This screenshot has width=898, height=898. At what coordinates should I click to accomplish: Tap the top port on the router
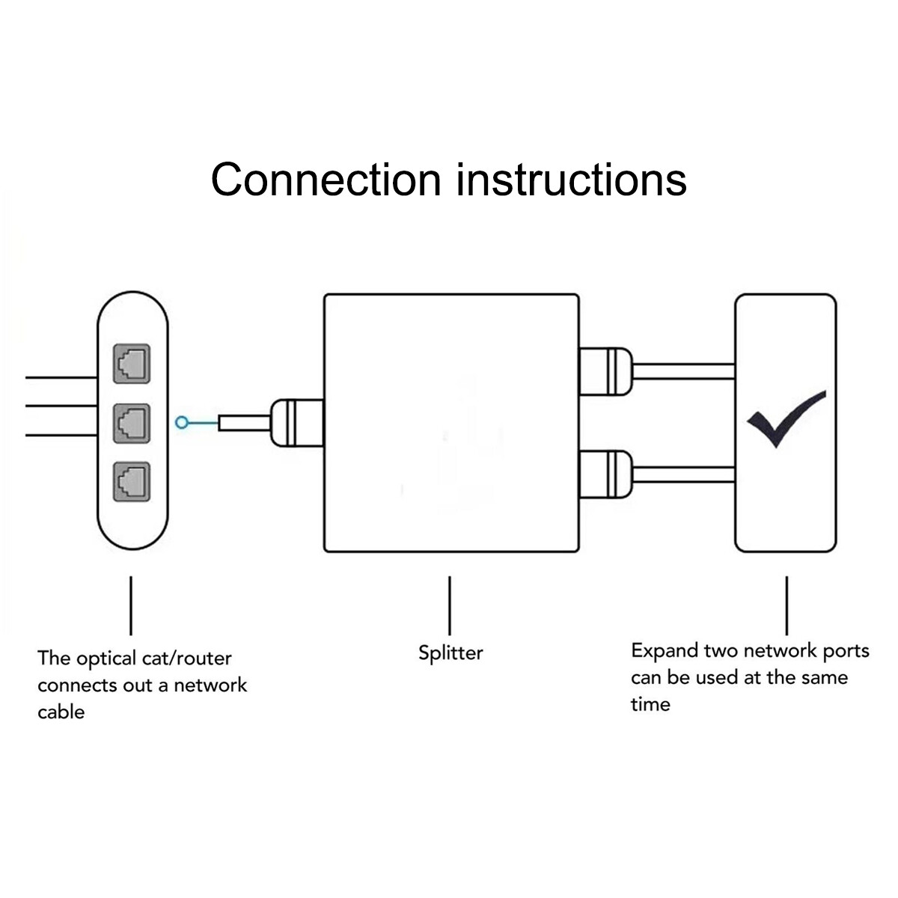click(x=131, y=364)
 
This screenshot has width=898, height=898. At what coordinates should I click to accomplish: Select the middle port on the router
click(x=131, y=423)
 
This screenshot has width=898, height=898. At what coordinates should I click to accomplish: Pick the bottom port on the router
click(x=131, y=481)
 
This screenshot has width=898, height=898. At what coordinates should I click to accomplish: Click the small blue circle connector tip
click(x=181, y=423)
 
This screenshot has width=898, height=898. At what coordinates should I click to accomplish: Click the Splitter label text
click(x=450, y=653)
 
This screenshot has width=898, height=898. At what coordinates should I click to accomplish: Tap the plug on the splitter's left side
click(x=296, y=423)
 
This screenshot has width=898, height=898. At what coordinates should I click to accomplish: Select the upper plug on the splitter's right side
click(x=606, y=371)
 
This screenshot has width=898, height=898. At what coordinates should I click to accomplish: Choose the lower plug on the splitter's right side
click(x=606, y=474)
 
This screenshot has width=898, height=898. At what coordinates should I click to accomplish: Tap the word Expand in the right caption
click(x=665, y=651)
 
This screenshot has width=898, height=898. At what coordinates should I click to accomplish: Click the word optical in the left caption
click(x=106, y=659)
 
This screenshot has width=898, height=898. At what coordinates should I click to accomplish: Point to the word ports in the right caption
click(x=846, y=651)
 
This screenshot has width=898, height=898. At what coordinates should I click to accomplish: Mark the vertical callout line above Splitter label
click(x=450, y=605)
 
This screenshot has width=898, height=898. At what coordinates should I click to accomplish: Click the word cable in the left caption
click(x=61, y=712)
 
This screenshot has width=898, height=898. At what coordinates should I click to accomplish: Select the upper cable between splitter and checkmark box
click(x=684, y=371)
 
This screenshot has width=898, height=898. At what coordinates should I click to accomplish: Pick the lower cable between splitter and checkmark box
click(x=684, y=474)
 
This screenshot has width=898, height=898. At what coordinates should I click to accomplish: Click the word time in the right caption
click(x=650, y=704)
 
